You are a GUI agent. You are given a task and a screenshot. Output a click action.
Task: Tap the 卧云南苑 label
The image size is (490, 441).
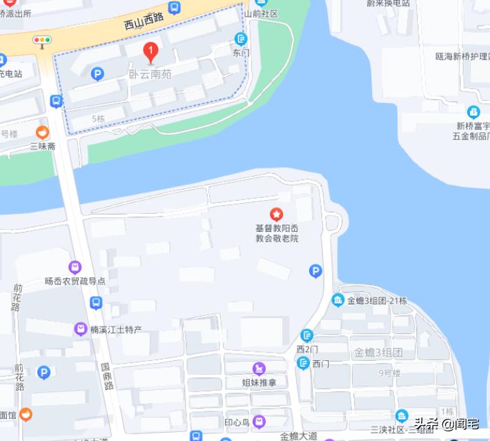pos(150,72)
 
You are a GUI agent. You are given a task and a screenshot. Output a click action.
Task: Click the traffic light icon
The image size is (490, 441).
pos(42,41)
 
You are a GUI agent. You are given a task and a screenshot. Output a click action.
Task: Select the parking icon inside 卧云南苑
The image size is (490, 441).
pos(97,72)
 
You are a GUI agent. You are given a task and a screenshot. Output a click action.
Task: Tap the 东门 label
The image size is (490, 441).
pos(242,52)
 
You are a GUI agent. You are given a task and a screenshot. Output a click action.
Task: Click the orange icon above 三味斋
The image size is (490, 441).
pos(43,133)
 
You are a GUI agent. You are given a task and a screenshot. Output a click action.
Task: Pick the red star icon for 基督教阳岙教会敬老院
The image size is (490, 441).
pos(276,216)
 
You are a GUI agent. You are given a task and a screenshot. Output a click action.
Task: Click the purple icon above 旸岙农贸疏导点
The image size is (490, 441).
pos(75,267)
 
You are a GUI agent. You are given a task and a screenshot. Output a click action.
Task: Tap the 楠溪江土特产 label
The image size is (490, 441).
pos(116,329)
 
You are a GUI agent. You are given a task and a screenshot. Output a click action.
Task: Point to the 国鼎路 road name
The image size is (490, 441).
pos(107,376)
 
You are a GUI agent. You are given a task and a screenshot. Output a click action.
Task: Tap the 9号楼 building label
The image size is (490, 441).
pos(390,373)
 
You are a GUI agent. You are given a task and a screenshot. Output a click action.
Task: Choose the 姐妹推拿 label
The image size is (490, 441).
pos(259,382)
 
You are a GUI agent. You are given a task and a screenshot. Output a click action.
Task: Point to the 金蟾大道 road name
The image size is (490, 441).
pos(299,435)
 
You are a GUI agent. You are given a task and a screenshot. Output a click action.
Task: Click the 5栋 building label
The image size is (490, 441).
pos(98,119)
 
